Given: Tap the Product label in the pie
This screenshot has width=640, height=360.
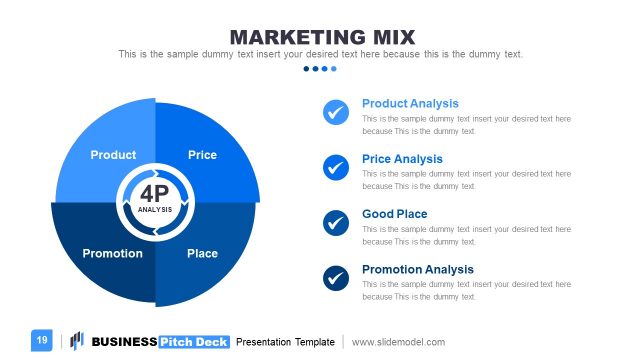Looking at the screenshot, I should tap(113, 155).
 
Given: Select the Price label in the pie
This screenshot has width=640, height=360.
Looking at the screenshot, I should tap(202, 155).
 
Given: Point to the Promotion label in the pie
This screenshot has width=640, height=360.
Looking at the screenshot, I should tap(112, 253).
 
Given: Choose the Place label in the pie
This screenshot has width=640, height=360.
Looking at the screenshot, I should tap(202, 253).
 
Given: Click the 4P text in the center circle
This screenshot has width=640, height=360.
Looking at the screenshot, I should tap(154, 193).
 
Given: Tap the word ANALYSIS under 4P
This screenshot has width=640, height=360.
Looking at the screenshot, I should tap(154, 209).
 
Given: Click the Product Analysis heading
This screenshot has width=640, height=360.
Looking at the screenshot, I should tap(410, 103).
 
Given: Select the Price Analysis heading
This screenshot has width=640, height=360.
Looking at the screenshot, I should tap(402, 159).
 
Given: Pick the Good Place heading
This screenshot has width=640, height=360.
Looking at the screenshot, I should tap(394, 214).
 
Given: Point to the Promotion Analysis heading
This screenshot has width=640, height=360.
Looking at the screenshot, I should tap(417, 269).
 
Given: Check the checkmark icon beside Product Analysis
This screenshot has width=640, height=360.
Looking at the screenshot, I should tap(336, 112).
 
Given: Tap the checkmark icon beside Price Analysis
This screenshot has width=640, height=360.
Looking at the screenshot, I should tap(336, 167).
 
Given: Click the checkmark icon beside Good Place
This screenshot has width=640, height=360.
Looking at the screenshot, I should tap(336, 222).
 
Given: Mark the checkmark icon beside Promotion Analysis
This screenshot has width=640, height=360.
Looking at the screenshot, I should tap(336, 277).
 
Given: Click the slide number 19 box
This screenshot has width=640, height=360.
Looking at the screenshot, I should tap(42, 341).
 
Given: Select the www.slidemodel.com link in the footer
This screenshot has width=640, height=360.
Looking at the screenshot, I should tap(398, 342).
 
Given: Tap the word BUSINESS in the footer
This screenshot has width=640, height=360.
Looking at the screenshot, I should tap(124, 342).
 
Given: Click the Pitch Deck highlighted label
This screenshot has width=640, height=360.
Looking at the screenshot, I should tap(194, 342).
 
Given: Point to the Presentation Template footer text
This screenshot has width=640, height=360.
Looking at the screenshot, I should tap(285, 342).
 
